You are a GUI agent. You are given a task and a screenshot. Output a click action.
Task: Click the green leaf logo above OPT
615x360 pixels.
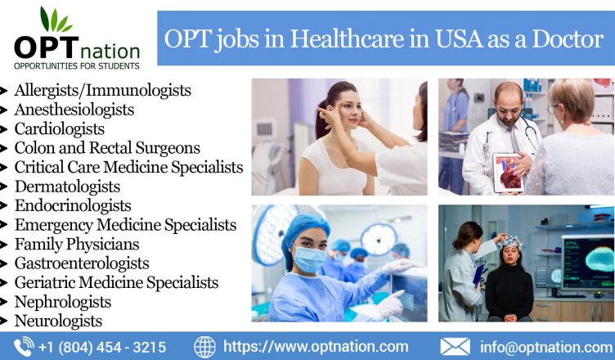point(56,20)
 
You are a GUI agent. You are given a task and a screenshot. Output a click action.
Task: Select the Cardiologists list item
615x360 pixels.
point(60,128)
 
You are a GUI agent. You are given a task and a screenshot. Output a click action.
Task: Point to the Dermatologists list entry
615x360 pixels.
point(67,187)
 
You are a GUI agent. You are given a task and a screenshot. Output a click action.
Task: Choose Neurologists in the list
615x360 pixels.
point(58,321)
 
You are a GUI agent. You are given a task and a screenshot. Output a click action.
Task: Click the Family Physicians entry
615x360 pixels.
point(77,244)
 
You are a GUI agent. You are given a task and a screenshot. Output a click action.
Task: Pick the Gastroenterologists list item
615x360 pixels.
point(82,263)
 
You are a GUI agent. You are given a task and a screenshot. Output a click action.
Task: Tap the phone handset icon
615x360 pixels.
point(24,347)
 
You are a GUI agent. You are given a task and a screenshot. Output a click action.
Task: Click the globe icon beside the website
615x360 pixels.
point(204,347)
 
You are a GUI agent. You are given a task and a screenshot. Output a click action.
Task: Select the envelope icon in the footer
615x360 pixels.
point(455,347)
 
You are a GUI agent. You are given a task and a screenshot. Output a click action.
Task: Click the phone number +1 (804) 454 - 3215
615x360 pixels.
point(102,348)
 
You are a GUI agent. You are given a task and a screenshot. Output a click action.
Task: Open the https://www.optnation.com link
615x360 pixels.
point(316,347)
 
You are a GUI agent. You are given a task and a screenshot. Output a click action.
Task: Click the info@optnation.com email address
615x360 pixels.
point(546,348)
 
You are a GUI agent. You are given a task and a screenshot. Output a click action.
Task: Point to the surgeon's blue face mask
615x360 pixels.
point(309,259)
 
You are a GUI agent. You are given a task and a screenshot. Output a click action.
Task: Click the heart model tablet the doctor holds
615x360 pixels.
point(509,173)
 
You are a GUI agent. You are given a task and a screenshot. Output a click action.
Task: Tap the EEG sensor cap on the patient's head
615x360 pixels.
point(510,242)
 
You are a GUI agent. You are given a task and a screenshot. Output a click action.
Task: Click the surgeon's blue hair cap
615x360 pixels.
point(304,236)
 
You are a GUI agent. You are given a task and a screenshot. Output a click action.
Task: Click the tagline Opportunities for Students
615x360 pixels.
point(77,66)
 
